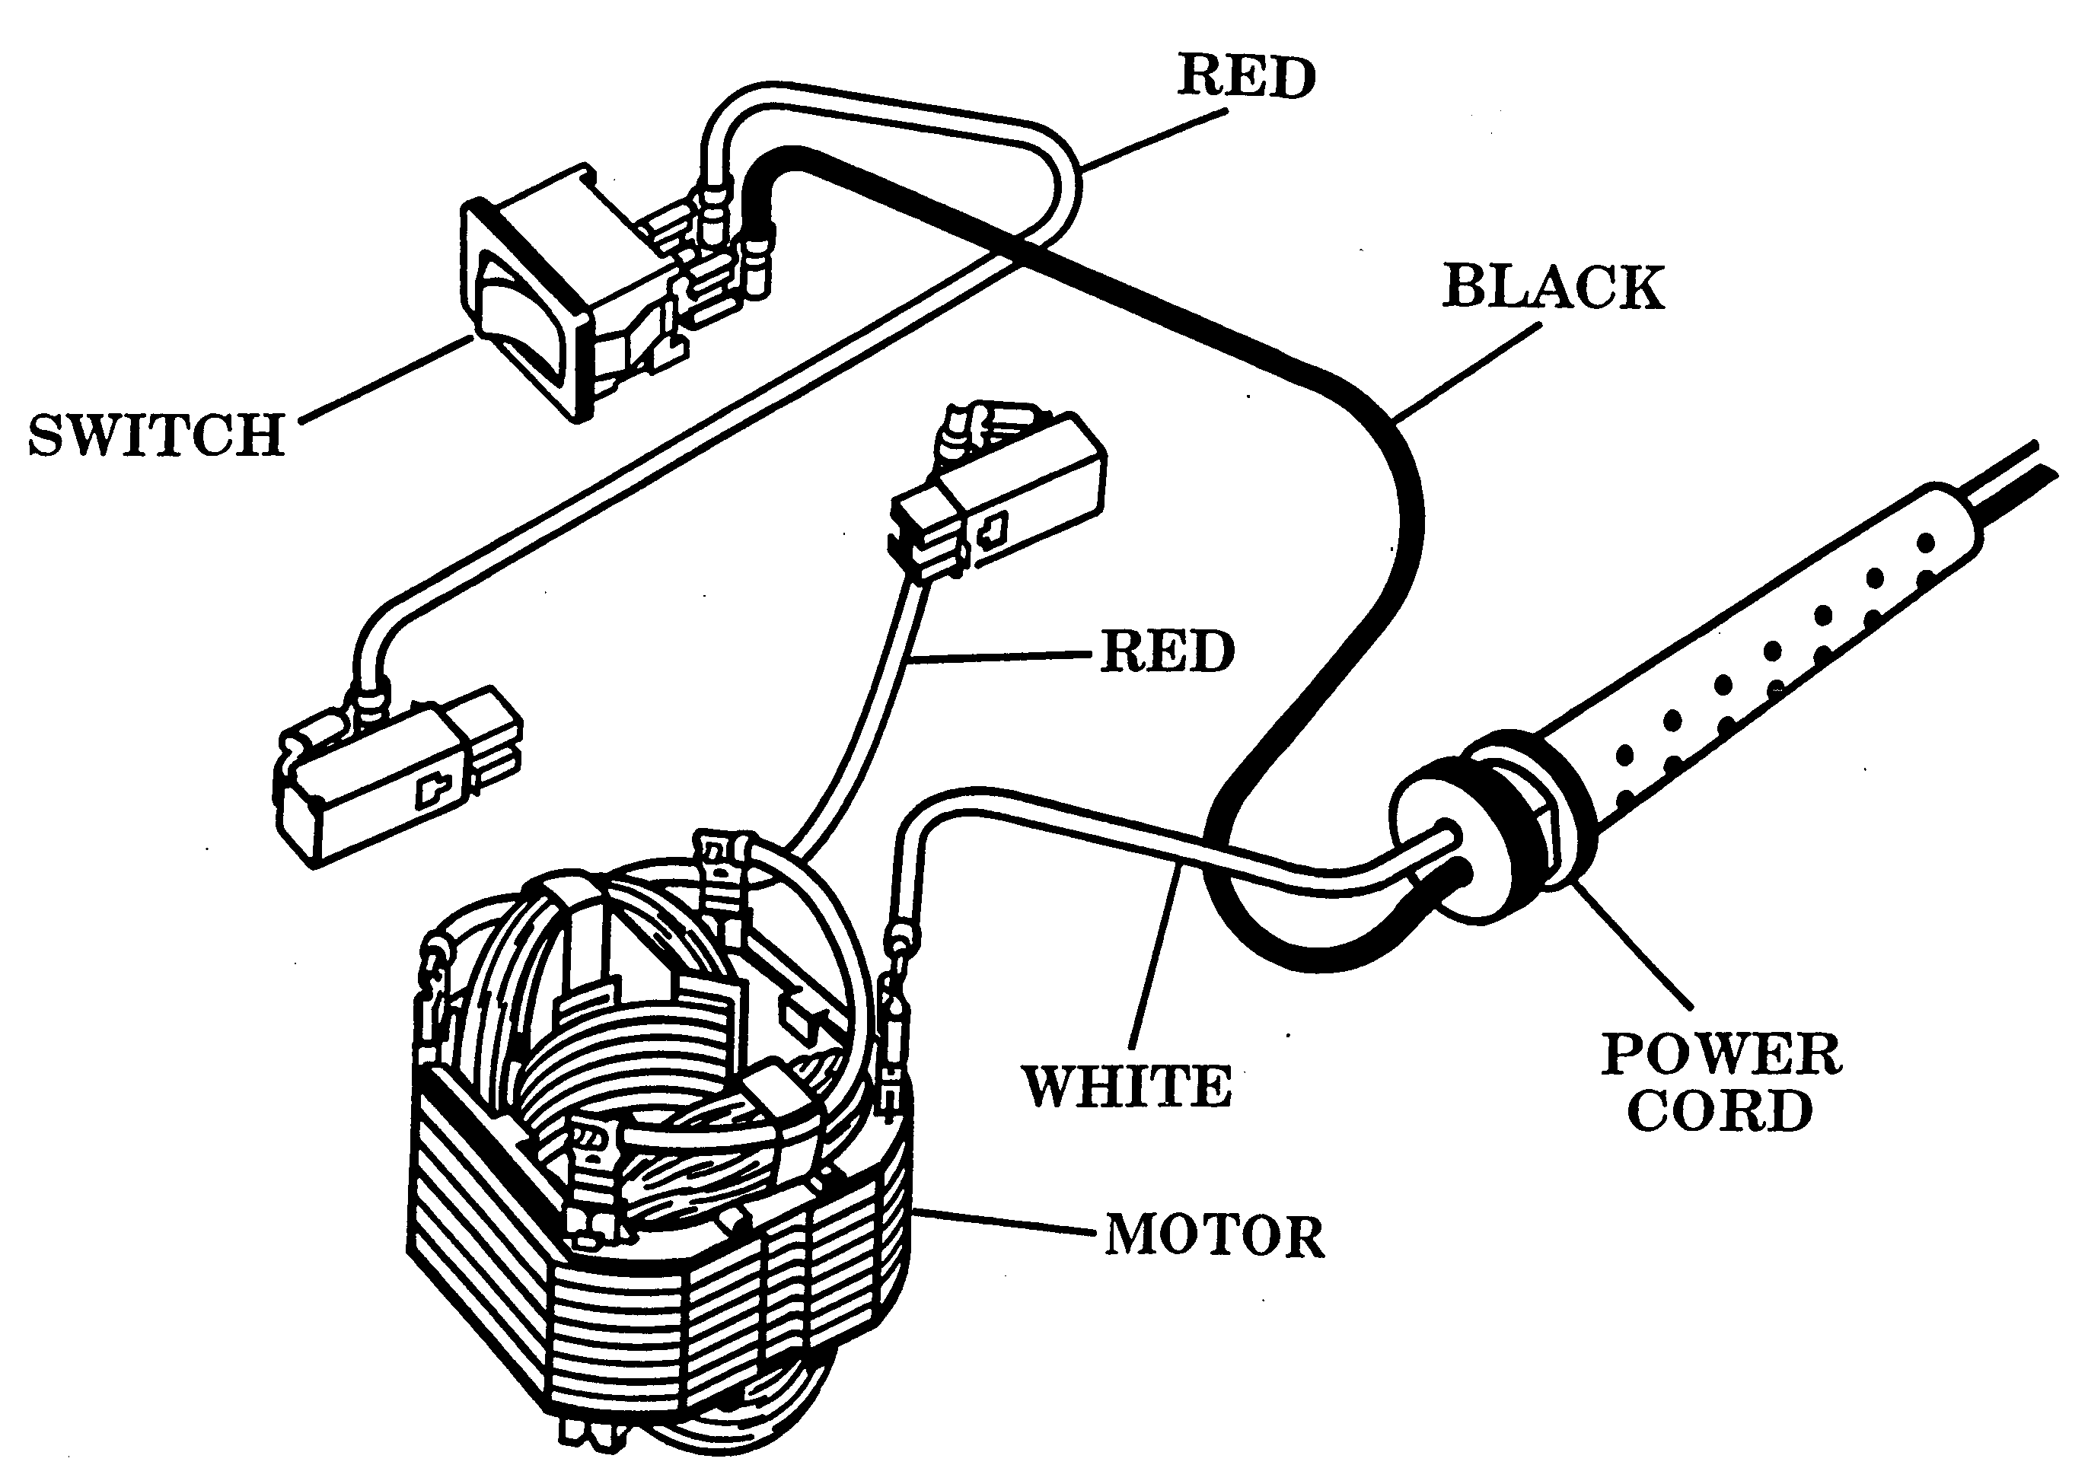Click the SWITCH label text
[x=156, y=435]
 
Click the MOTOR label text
[x=1214, y=1237]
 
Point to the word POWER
[x=1722, y=1055]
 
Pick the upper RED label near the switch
[x=1246, y=76]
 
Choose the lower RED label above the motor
[x=1167, y=651]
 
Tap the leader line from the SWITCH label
[x=387, y=379]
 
